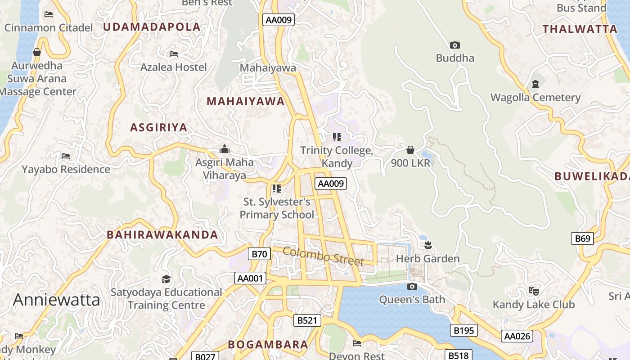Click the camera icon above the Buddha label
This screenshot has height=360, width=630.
pyautogui.click(x=455, y=45)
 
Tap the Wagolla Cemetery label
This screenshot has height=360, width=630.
pyautogui.click(x=535, y=98)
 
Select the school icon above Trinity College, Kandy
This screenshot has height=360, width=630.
pyautogui.click(x=337, y=137)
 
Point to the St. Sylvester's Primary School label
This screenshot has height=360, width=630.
pyautogui.click(x=277, y=208)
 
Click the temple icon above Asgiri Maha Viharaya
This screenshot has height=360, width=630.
pyautogui.click(x=224, y=149)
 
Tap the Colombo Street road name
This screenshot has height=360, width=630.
pyautogui.click(x=323, y=256)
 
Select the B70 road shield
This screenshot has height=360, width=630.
pyautogui.click(x=259, y=254)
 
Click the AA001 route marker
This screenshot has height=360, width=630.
pyautogui.click(x=250, y=278)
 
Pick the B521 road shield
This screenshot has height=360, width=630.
pyautogui.click(x=308, y=320)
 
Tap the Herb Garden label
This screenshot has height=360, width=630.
pyautogui.click(x=427, y=259)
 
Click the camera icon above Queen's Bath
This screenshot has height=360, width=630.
pyautogui.click(x=412, y=287)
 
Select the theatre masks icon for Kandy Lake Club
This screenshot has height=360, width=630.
pyautogui.click(x=534, y=291)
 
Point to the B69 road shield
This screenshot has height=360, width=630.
pyautogui.click(x=582, y=238)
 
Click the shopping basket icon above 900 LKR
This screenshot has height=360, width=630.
pyautogui.click(x=410, y=150)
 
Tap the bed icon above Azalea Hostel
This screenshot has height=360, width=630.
pyautogui.click(x=174, y=54)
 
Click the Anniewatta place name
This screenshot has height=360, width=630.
pyautogui.click(x=56, y=300)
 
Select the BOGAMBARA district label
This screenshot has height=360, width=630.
pyautogui.click(x=268, y=345)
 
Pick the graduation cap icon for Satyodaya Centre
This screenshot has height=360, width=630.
pyautogui.click(x=166, y=279)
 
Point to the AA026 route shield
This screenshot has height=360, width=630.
pyautogui.click(x=517, y=336)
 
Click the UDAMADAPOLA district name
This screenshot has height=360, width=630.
pyautogui.click(x=152, y=27)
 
